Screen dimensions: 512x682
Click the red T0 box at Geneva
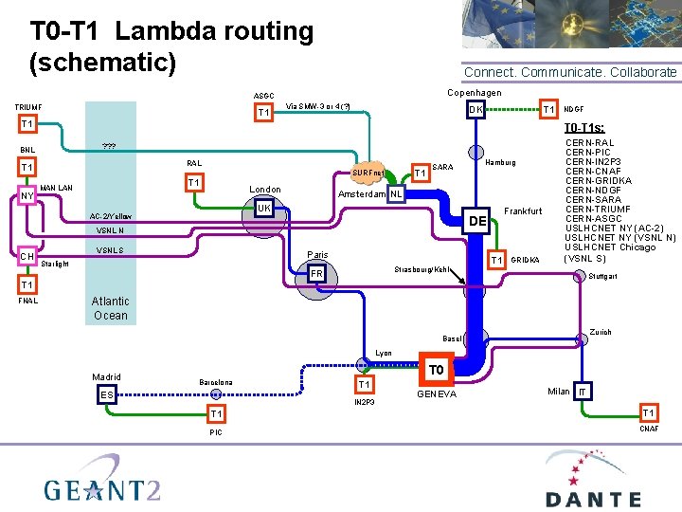435,370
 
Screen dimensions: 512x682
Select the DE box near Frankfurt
477,221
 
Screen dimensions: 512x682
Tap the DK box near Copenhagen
477,110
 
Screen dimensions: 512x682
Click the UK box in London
264,208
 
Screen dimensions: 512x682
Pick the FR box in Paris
318,274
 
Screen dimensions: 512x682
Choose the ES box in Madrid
106,395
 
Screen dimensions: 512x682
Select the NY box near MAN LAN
27,197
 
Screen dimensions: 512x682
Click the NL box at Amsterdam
396,194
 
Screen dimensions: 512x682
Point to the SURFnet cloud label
368,174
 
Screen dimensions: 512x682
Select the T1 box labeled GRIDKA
495,260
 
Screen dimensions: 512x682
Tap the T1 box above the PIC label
217,414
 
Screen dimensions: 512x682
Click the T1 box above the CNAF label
648,413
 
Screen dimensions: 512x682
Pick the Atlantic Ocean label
111,308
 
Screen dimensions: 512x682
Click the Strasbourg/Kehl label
422,270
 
